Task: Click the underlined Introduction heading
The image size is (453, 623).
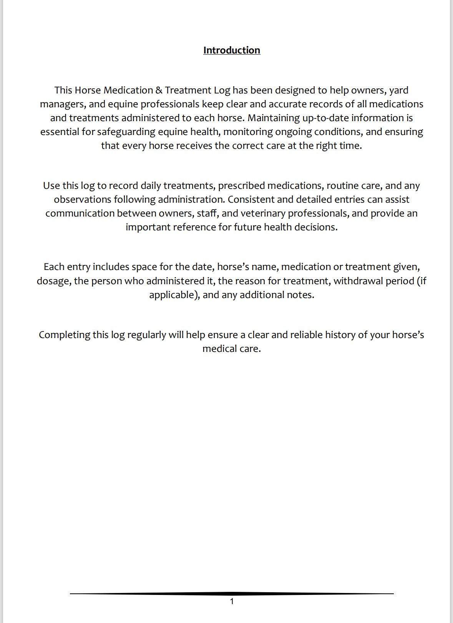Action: pos(232,50)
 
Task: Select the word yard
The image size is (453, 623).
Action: pos(398,90)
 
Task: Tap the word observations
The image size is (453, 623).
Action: pos(82,200)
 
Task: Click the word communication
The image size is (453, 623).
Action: pos(80,213)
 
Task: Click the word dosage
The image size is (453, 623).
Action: pos(53,281)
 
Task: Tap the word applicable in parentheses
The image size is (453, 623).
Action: pos(173,295)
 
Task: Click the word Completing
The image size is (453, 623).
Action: pos(64,335)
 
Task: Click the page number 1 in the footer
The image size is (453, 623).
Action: pos(232,601)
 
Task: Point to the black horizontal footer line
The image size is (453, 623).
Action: pos(232,594)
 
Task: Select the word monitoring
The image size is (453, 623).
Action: pos(248,132)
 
